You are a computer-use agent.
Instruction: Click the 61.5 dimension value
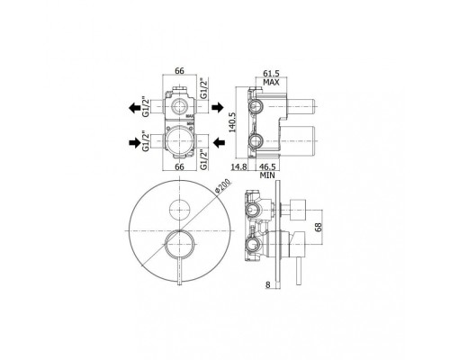tap(271, 73)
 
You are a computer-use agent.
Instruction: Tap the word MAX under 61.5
tap(271, 82)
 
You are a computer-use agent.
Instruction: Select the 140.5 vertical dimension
tap(232, 122)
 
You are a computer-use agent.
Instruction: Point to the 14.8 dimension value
tap(238, 166)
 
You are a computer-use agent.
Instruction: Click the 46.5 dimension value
tap(267, 166)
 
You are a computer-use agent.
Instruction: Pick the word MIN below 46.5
tap(267, 175)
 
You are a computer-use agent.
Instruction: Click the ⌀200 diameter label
tap(222, 186)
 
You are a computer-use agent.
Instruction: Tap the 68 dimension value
tap(319, 227)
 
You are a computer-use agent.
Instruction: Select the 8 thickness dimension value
tap(268, 284)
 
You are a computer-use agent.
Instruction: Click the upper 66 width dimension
tap(179, 71)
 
